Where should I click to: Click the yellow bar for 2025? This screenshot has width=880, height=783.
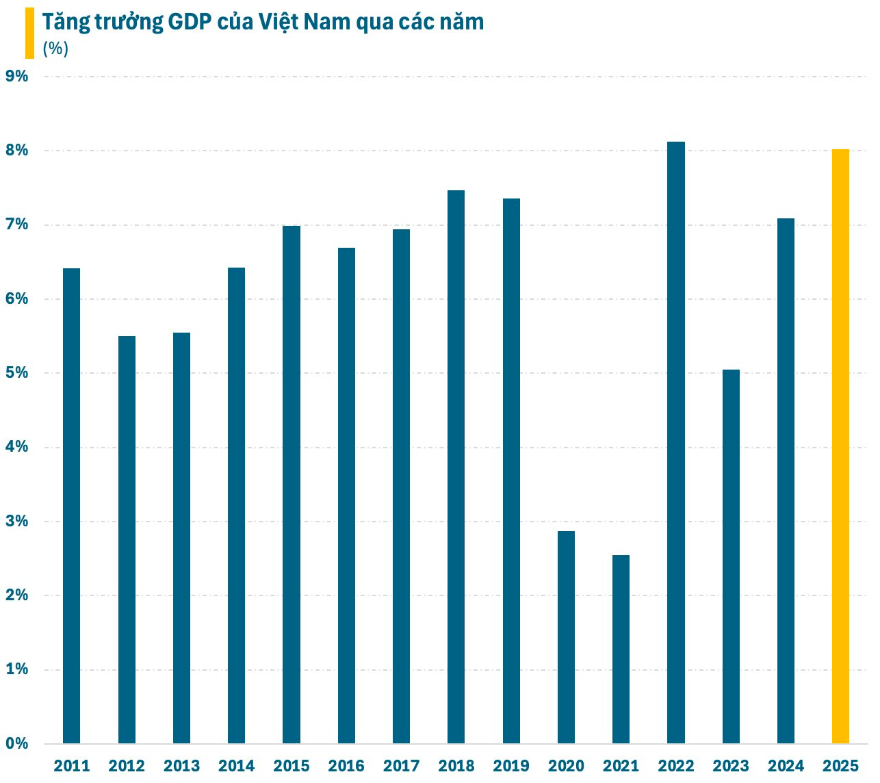(840, 446)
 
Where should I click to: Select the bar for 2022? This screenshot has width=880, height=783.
(675, 442)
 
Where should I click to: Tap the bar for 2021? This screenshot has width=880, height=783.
(621, 649)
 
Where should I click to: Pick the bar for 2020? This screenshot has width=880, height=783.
(566, 637)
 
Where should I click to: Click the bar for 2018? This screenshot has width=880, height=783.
(456, 467)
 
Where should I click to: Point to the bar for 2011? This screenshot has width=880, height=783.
(71, 506)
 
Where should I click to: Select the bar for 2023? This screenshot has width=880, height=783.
(731, 556)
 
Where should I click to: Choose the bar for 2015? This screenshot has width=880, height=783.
(292, 485)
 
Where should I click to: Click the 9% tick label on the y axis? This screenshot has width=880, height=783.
(17, 76)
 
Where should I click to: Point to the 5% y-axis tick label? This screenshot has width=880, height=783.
(17, 373)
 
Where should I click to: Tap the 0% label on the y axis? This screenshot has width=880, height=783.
(17, 743)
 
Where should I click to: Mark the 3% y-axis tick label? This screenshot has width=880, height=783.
(17, 522)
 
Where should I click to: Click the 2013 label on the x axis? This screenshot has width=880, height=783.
(181, 766)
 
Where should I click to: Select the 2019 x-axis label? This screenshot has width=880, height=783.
(511, 766)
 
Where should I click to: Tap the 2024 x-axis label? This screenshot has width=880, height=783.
(786, 766)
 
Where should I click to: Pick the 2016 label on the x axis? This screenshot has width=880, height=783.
(346, 766)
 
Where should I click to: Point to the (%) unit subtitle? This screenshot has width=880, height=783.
(55, 49)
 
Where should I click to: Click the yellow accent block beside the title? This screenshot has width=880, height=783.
(29, 33)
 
